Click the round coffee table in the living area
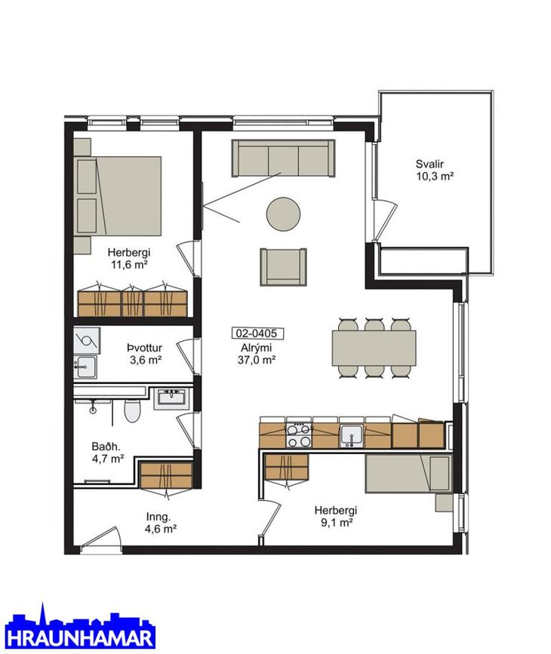(x=283, y=214)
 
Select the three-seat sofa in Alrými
(x=284, y=158)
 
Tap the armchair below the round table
(x=284, y=267)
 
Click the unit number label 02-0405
(x=257, y=333)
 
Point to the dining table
(x=374, y=348)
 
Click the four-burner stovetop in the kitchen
(x=299, y=434)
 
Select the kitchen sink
(x=352, y=436)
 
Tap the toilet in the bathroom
(x=132, y=410)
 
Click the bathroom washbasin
(x=172, y=398)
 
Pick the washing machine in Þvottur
(x=87, y=340)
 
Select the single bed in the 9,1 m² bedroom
(x=408, y=473)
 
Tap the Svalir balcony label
(x=435, y=170)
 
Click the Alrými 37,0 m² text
(x=257, y=354)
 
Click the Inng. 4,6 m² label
(x=161, y=523)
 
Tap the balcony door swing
(x=384, y=220)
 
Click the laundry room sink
(x=85, y=367)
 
